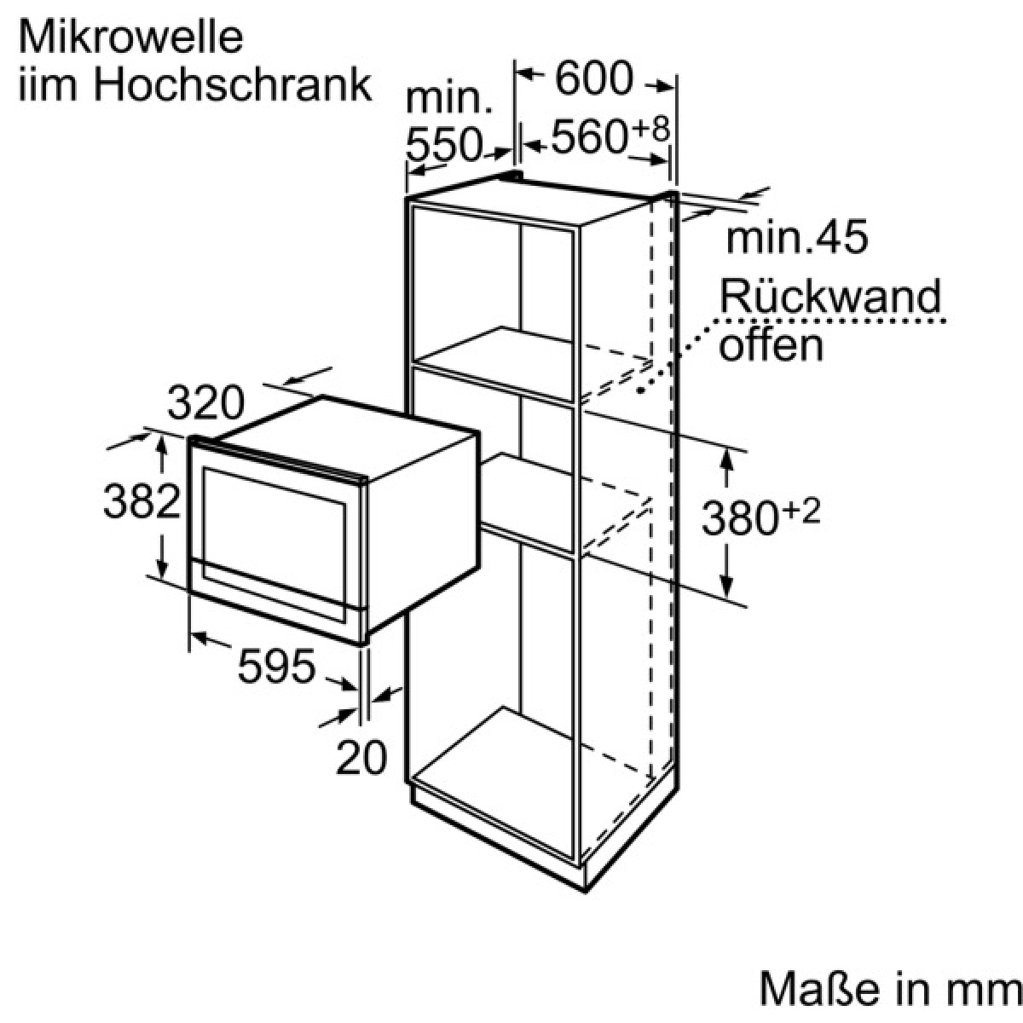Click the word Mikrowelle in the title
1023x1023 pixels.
130,38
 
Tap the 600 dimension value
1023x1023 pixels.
594,78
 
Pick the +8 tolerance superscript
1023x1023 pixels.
650,129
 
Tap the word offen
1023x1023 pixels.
771,345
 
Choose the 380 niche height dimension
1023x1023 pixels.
739,518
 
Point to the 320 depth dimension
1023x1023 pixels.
205,403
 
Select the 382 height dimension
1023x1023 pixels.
142,501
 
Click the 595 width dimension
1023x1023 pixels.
276,666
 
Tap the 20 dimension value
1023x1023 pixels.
361,756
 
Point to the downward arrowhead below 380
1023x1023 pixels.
727,585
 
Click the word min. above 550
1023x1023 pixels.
449,99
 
